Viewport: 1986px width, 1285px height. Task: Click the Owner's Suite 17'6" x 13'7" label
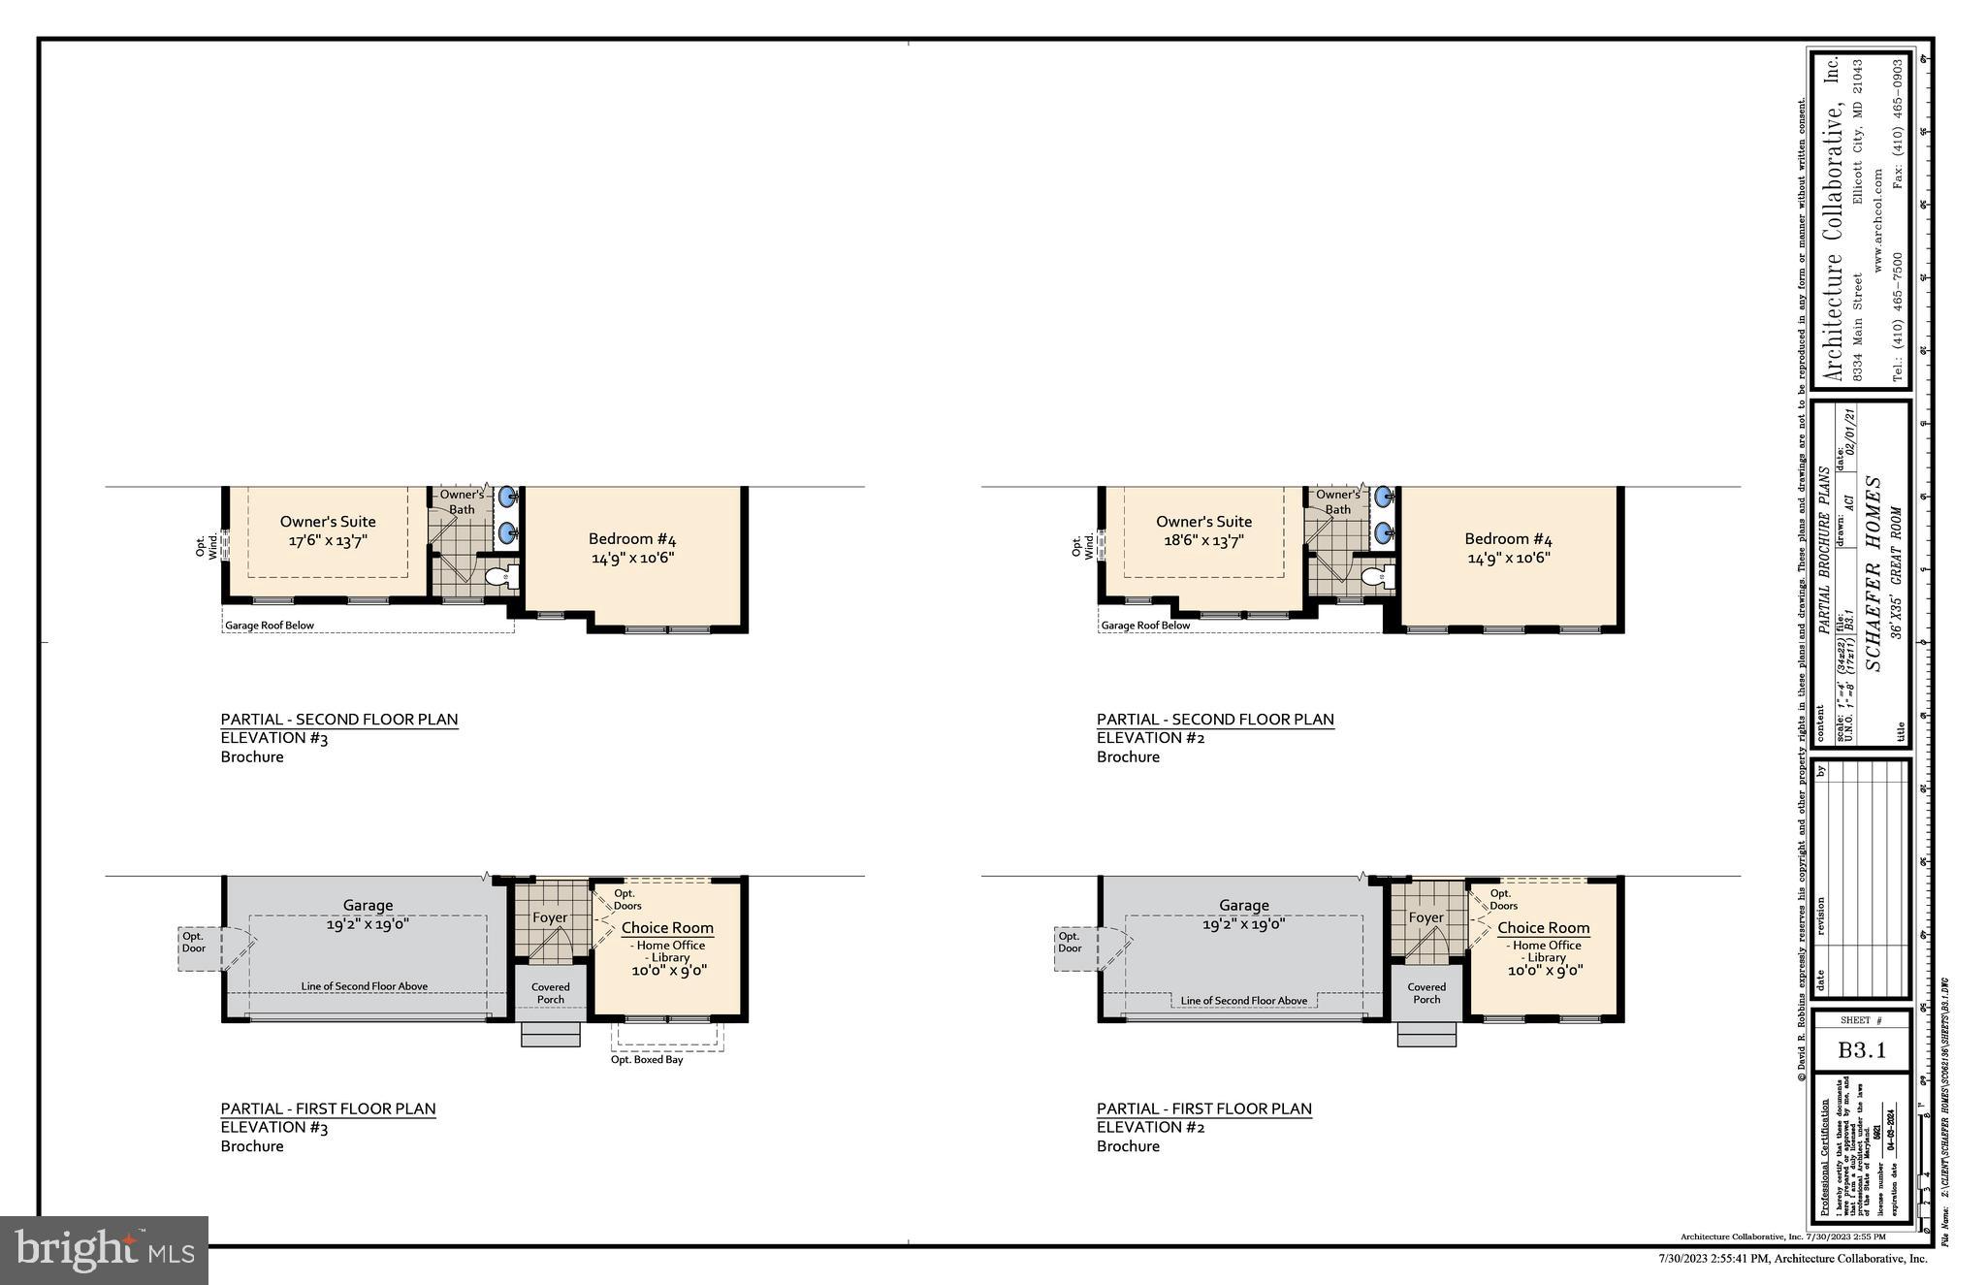coord(328,531)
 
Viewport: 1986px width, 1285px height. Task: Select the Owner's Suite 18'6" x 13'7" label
coord(1203,531)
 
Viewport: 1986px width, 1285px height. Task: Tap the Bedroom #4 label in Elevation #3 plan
coord(632,548)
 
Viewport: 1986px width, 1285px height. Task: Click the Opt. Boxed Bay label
coord(647,1060)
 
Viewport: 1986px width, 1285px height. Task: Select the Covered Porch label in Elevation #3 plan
coord(550,993)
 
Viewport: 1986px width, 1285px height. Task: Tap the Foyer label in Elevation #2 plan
coord(1425,917)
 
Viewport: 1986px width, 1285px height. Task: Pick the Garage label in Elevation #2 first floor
coord(1243,906)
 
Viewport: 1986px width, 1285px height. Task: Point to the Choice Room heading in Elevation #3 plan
coord(667,928)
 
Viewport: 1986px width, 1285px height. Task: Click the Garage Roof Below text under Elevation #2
coord(1145,626)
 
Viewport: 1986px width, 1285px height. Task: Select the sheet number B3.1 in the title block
coord(1862,1050)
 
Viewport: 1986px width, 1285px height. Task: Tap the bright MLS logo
coord(104,1250)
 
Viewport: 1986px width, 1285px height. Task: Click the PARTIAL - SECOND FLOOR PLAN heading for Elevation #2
coord(1215,720)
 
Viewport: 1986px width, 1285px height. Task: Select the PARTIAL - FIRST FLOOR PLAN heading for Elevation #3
coord(328,1108)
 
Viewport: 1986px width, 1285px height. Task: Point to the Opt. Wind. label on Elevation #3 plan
coord(207,547)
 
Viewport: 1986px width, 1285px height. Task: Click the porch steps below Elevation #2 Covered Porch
coord(1425,1034)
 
